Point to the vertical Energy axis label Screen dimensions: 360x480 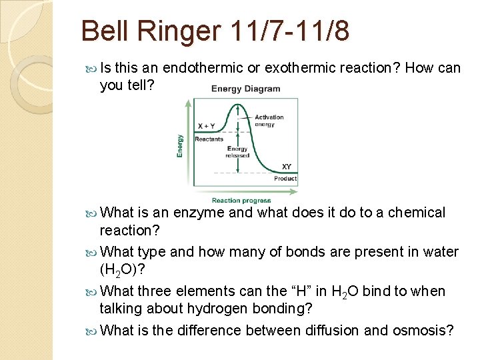[180, 146]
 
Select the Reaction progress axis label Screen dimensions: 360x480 [241, 200]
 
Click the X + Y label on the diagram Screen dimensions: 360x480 [206, 126]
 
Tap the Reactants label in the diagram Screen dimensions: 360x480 [209, 139]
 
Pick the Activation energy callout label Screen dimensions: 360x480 [269, 121]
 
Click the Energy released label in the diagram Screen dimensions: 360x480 [238, 152]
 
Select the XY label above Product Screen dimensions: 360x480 [285, 167]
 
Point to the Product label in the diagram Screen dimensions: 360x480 [285, 179]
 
